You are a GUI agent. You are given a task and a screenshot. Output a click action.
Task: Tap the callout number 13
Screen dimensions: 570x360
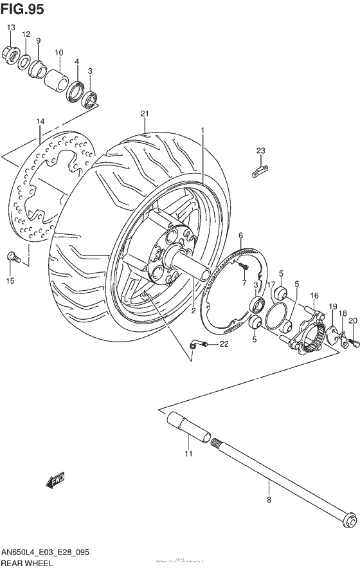click(x=10, y=28)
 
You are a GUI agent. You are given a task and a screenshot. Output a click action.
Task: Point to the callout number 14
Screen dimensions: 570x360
click(x=40, y=122)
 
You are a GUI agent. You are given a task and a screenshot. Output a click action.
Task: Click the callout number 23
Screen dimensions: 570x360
click(x=260, y=151)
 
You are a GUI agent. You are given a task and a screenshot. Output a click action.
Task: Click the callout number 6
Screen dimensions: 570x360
click(x=240, y=235)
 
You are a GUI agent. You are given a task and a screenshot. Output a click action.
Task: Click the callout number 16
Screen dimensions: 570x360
click(x=315, y=295)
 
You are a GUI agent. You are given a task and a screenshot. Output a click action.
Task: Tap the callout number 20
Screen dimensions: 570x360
click(x=352, y=320)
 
